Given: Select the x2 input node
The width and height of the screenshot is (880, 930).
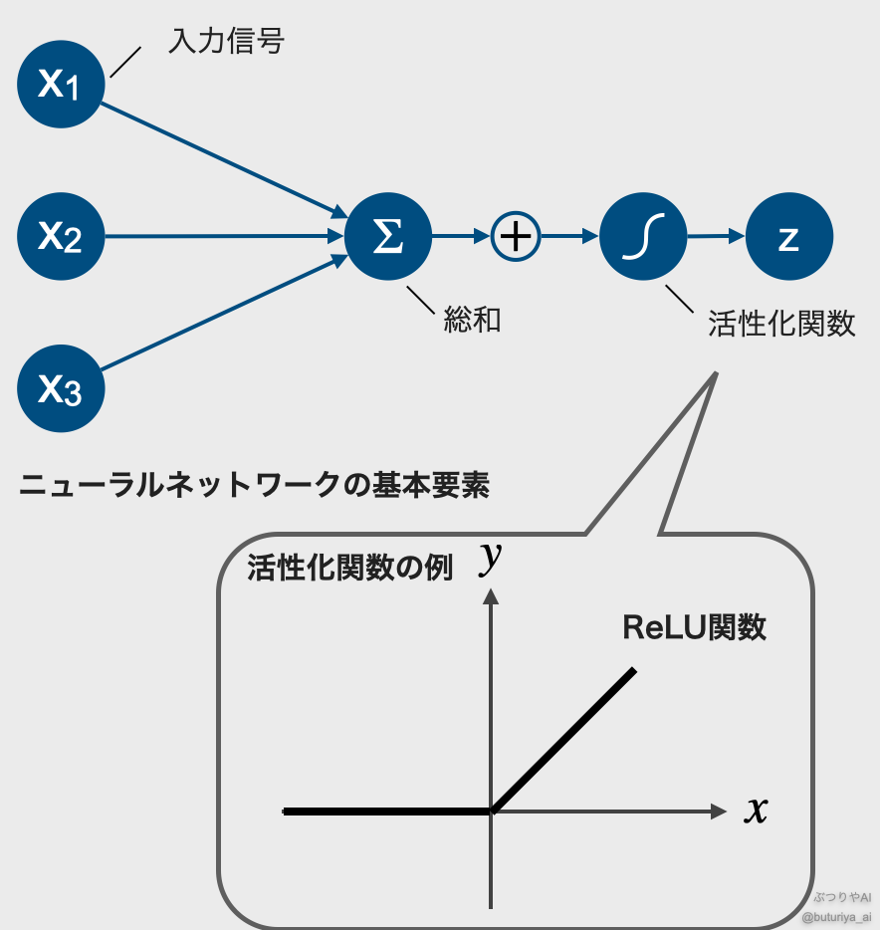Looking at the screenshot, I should coord(61,237).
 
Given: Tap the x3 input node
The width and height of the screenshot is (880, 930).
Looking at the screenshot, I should coord(61,388).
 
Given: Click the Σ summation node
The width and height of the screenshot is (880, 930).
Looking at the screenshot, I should coord(388,237).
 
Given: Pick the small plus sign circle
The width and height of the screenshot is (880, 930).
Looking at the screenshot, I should coord(516,237).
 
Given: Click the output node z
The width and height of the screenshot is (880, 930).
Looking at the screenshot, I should coord(788,237).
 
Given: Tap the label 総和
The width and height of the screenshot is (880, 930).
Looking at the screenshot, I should coord(472,321).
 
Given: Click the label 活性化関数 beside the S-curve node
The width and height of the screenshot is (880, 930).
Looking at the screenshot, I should coord(781,324).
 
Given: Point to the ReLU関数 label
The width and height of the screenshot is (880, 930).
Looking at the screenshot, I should coord(694,627).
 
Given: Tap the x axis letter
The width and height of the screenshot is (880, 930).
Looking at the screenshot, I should coord(757,811).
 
